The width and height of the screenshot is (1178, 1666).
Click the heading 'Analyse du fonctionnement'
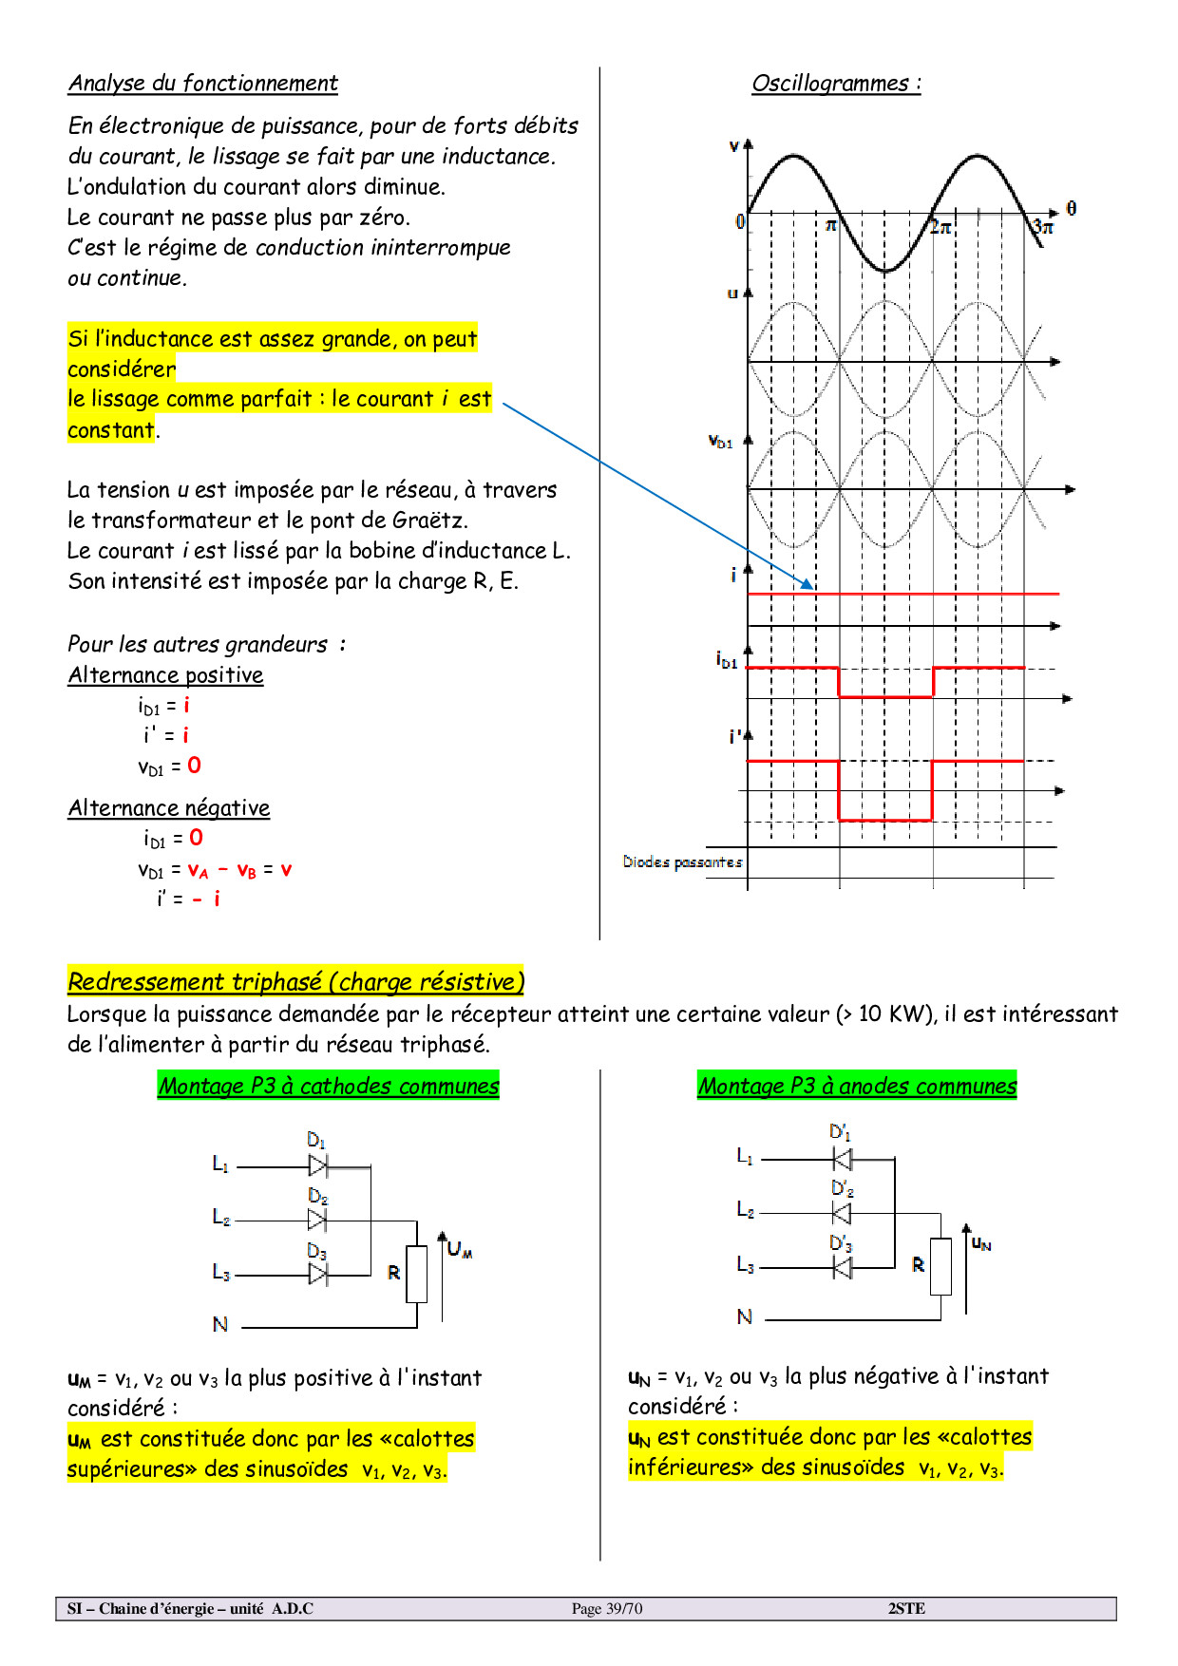pos(202,84)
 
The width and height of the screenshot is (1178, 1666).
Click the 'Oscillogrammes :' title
pos(836,84)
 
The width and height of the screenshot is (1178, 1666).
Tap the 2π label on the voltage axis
pos(940,227)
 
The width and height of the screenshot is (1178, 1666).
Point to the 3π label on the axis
pos(1043,227)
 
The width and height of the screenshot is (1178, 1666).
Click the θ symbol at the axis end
pos(1072,208)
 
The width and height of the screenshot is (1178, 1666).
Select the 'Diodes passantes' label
pos(682,862)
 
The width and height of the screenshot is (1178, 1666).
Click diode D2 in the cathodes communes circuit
pos(317,1219)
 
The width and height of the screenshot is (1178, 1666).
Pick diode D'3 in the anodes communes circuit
pos(842,1267)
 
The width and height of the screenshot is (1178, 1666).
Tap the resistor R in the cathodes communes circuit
pos(416,1274)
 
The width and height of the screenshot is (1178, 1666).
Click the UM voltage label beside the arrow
pos(460,1249)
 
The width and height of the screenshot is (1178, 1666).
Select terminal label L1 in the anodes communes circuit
pos(745,1156)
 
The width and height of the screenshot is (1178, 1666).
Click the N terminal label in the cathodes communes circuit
pos(220,1324)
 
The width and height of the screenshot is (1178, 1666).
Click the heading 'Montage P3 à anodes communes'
pos(857,1086)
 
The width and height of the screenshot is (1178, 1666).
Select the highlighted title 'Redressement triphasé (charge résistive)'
pos(295,981)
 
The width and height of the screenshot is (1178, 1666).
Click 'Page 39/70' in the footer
pos(607,1608)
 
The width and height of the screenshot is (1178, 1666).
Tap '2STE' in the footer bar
pos(906,1608)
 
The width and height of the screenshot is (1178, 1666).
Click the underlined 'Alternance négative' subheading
pos(169,808)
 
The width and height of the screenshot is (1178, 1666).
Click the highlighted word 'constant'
pos(111,430)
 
